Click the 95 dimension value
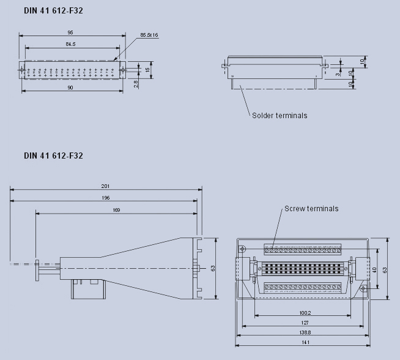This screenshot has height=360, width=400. [x=71, y=32]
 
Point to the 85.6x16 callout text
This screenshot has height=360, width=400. [x=149, y=35]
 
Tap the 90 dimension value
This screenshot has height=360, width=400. [x=70, y=88]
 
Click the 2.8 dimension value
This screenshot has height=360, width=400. [x=136, y=83]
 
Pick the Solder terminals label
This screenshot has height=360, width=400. [x=280, y=115]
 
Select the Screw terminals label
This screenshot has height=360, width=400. [x=311, y=209]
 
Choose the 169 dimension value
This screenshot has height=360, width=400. [x=116, y=210]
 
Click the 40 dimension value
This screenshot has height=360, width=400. [x=374, y=269]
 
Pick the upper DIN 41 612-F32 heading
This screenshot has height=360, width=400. [x=53, y=11]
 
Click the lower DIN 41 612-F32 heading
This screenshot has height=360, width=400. [x=53, y=156]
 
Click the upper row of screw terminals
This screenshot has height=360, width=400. [x=302, y=249]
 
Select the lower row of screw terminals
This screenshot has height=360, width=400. [x=302, y=287]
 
